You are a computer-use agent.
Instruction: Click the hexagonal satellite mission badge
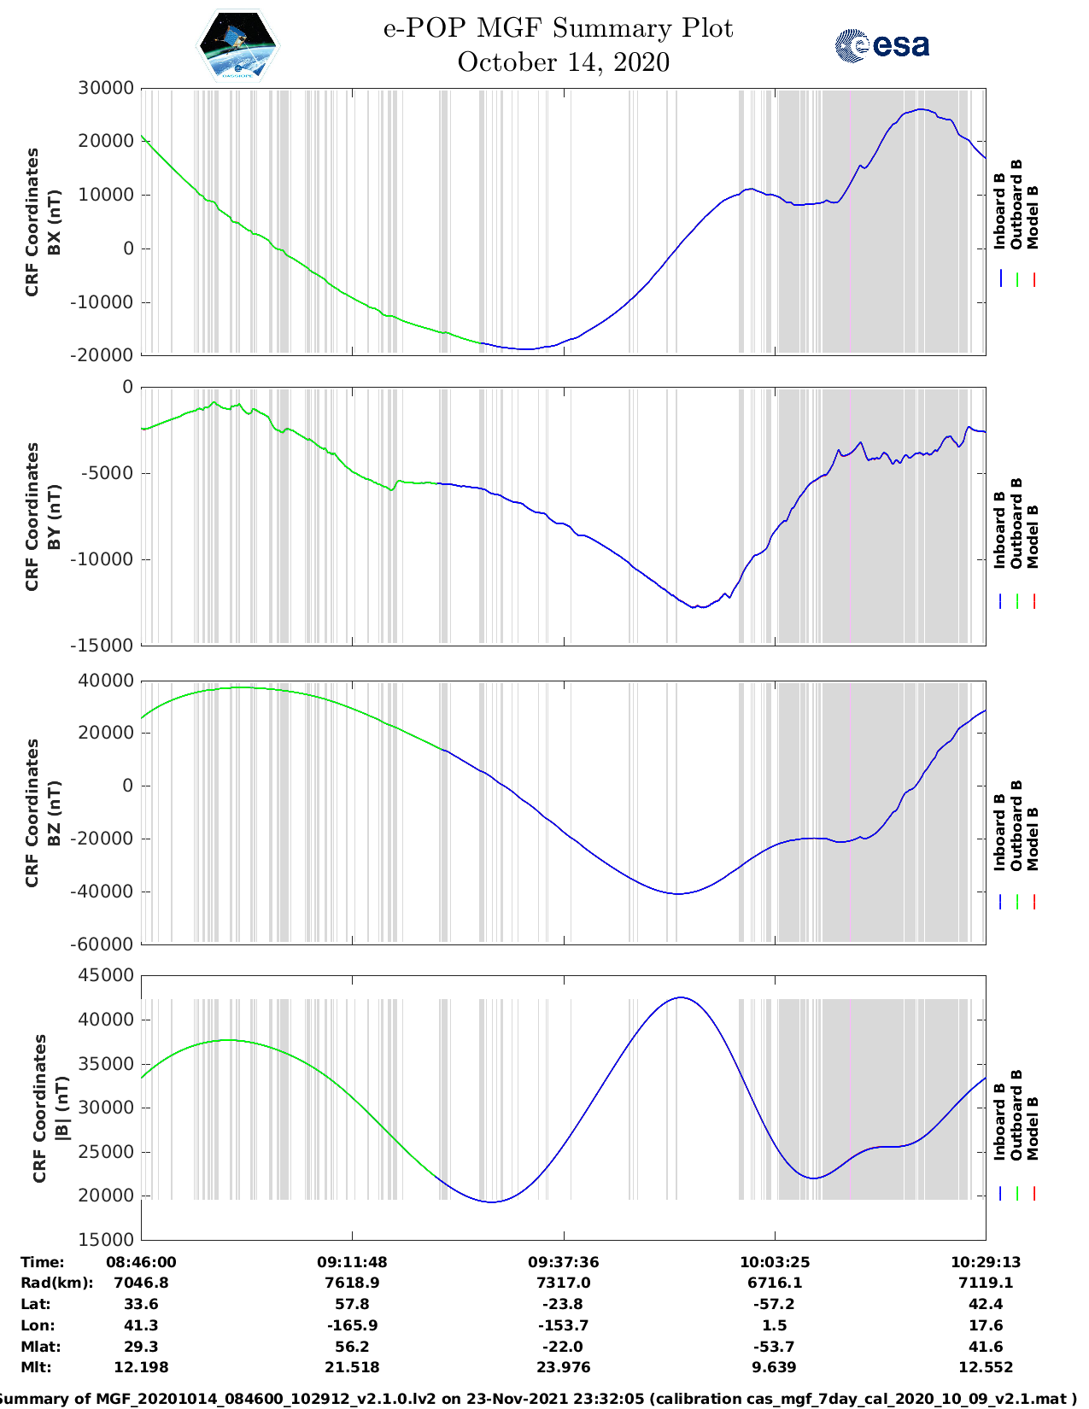point(237,44)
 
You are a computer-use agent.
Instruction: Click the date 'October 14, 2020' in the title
point(563,62)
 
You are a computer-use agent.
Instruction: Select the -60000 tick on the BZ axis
point(105,944)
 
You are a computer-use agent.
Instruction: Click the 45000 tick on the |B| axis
point(105,975)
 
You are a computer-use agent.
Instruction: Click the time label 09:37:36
point(563,1262)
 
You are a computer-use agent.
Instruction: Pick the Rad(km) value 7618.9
point(352,1283)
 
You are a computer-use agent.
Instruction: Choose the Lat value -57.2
point(774,1304)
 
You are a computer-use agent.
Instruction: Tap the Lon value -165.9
point(352,1325)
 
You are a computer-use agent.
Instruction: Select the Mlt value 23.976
point(563,1367)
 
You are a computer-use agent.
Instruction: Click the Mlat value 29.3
point(141,1346)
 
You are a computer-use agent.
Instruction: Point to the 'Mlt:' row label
point(36,1367)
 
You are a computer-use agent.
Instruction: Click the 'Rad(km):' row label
point(56,1283)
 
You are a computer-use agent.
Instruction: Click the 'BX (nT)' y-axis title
point(54,222)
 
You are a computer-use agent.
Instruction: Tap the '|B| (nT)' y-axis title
point(61,1108)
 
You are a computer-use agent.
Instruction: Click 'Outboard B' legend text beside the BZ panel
point(1016,826)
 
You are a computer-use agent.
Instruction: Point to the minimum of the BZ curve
point(677,894)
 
